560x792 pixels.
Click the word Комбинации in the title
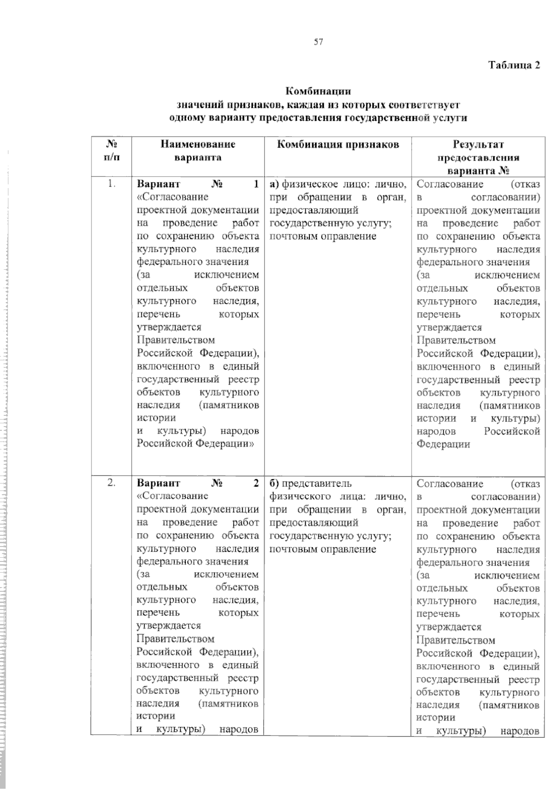tap(318, 91)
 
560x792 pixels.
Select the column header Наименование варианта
tap(198, 150)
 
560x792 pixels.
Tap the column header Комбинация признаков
tap(338, 144)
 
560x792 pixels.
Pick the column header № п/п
tap(111, 150)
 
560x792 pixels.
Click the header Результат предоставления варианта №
tap(478, 157)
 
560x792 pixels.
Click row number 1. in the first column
tap(111, 184)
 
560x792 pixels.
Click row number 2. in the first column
tap(111, 483)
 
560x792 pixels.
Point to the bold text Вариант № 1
tap(198, 184)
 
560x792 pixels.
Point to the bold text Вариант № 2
tap(198, 483)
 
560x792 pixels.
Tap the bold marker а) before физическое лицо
tap(274, 184)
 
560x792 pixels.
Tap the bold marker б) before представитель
tap(274, 483)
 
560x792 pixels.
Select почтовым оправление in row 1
tap(322, 236)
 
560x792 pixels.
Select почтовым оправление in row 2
tap(322, 549)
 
